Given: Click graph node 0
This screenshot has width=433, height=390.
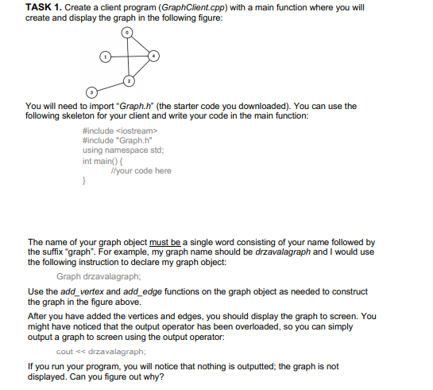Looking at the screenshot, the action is [128, 33].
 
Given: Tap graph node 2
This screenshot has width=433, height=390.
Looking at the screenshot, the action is [128, 80].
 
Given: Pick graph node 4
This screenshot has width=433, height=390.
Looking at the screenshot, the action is [155, 56].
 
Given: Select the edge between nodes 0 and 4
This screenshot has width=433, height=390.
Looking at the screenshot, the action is [141, 44].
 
